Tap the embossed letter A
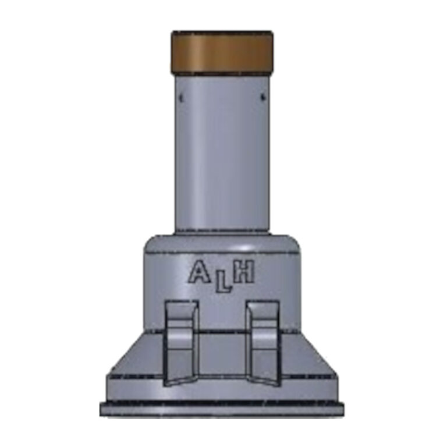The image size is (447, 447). click(198, 272)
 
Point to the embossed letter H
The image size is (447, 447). click(244, 272)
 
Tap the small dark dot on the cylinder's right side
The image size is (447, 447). click(262, 97)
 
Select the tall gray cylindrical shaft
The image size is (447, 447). click(222, 157)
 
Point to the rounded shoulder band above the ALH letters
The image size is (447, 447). click(222, 244)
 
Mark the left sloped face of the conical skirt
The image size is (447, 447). click(131, 358)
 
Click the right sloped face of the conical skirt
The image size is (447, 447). click(311, 358)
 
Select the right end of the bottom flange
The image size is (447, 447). click(340, 409)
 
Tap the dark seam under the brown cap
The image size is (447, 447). click(222, 74)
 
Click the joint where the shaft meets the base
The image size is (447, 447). click(222, 232)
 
